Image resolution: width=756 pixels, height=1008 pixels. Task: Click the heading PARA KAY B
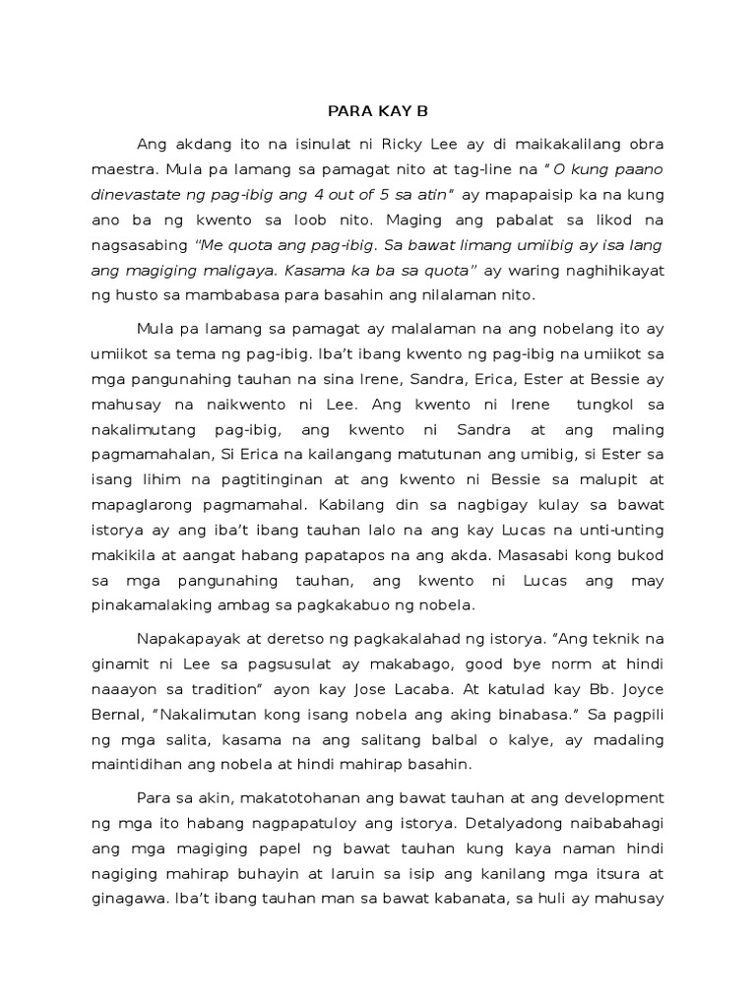tap(377, 110)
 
